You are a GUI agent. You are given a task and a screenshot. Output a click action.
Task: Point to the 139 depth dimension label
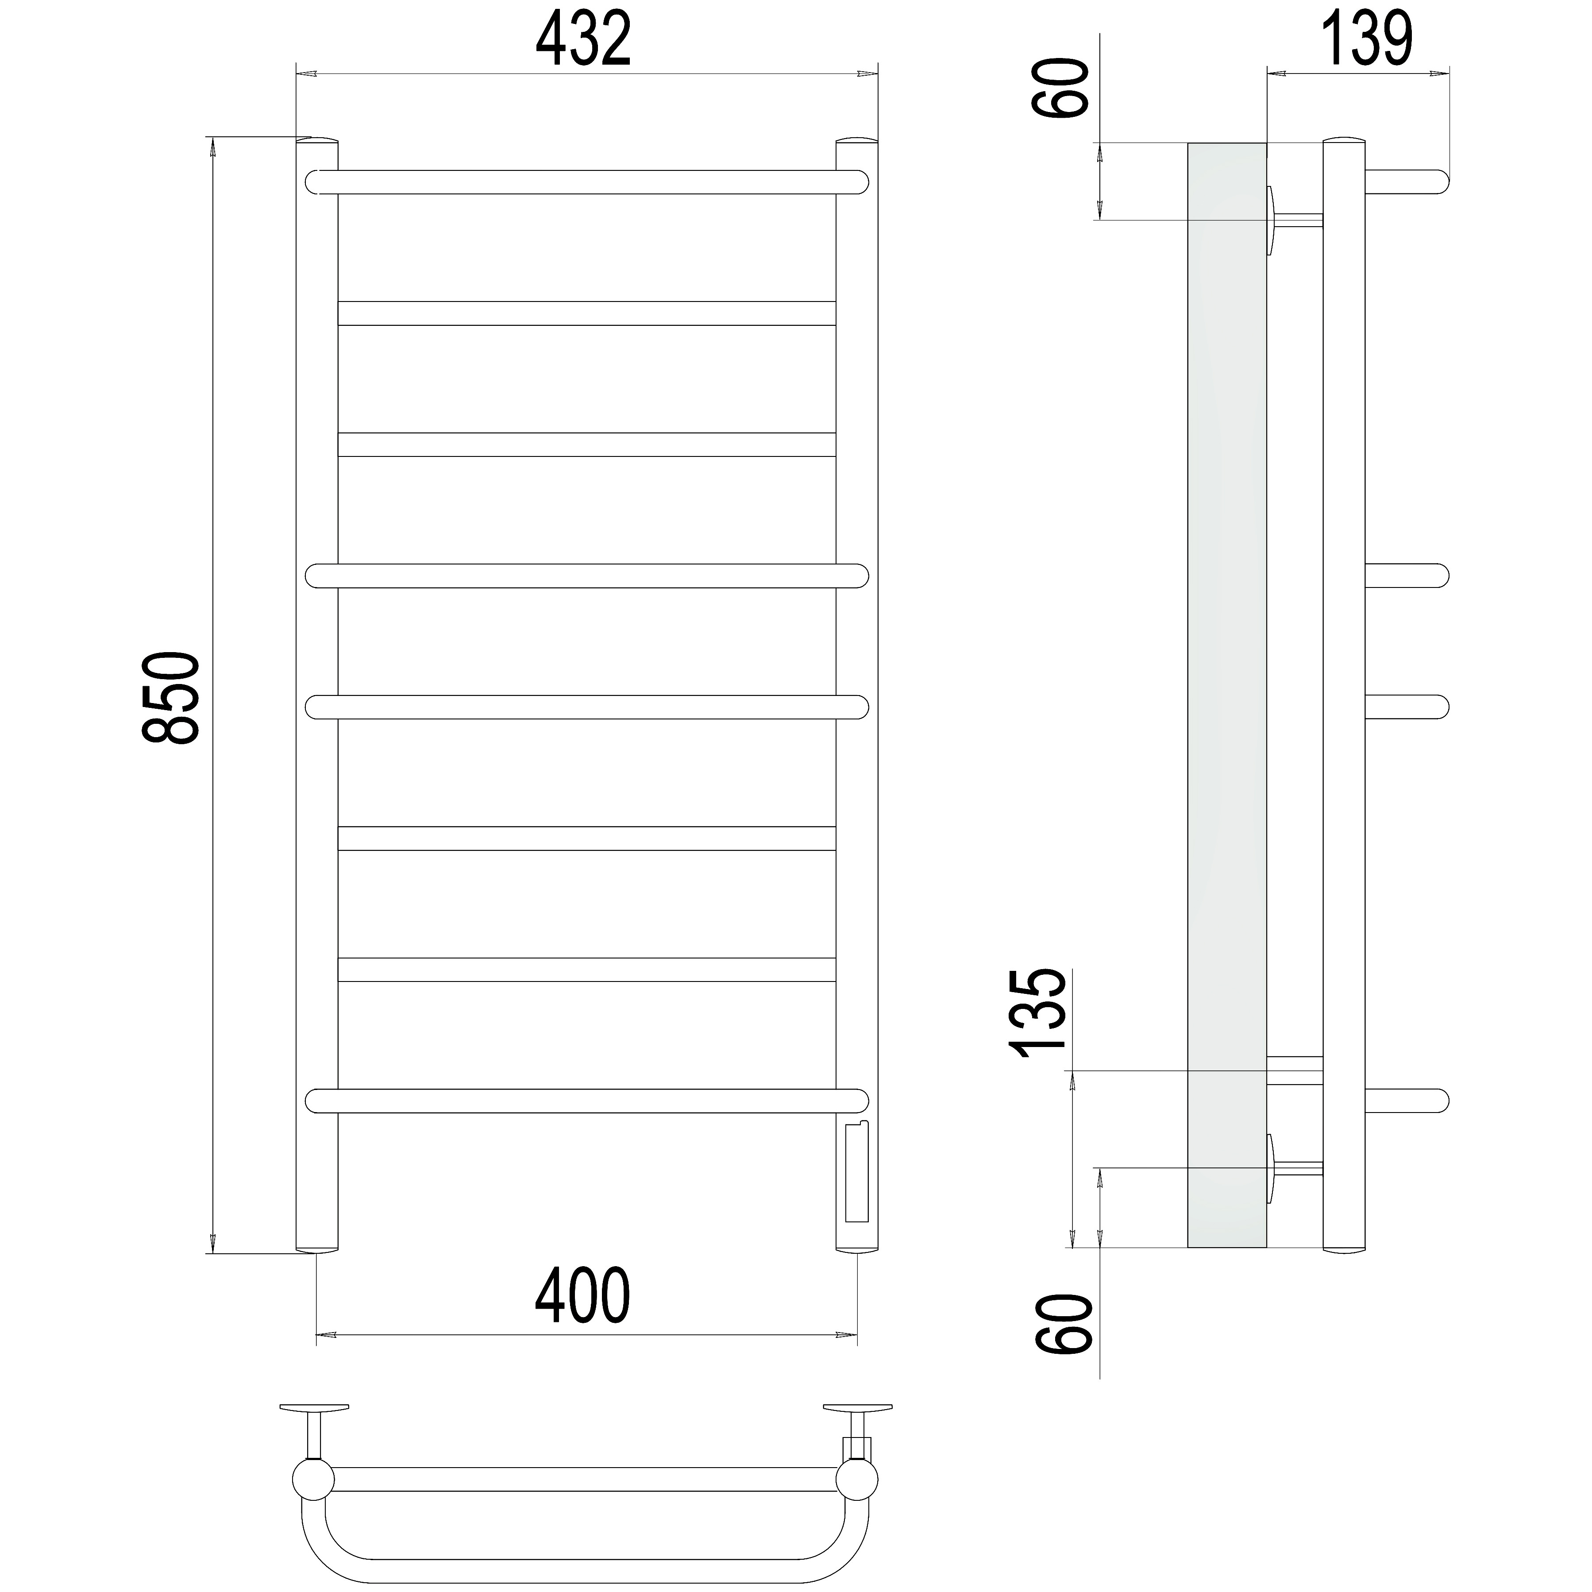pyautogui.click(x=1368, y=40)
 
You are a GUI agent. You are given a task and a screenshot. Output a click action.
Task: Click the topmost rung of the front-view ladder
pyautogui.click(x=587, y=182)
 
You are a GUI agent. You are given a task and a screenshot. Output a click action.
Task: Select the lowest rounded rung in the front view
pyautogui.click(x=587, y=1101)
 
